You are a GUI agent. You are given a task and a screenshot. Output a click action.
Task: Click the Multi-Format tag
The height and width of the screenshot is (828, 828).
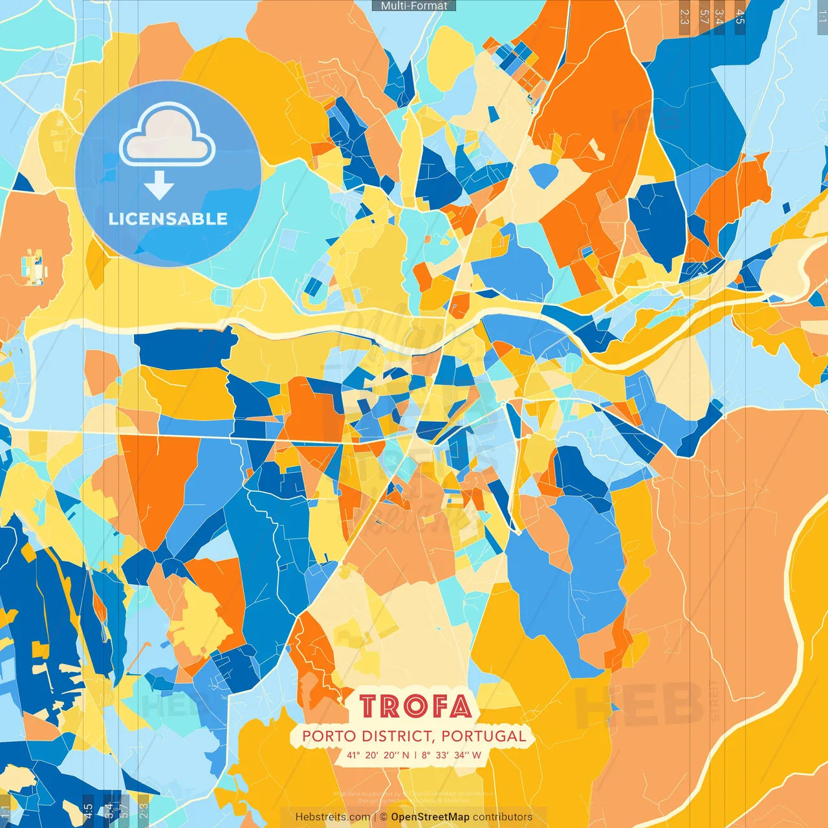(414, 6)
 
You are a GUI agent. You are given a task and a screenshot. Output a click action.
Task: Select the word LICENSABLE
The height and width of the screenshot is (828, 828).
(168, 219)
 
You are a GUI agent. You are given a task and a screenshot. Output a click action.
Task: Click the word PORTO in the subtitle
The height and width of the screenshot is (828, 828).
(329, 736)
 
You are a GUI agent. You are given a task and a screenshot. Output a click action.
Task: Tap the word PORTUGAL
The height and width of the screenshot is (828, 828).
(485, 736)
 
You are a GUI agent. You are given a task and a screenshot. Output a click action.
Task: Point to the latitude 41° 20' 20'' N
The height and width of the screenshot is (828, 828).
(378, 755)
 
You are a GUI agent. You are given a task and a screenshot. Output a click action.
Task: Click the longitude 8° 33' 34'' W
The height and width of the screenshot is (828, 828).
(452, 755)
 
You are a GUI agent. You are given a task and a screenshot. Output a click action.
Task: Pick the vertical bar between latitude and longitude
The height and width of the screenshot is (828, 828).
(415, 755)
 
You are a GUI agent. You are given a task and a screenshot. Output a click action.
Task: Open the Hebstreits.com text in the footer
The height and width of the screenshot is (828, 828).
(332, 817)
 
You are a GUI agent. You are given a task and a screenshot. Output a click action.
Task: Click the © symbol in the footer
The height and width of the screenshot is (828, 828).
(384, 817)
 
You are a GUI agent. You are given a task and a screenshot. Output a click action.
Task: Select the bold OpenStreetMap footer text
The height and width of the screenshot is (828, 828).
(430, 817)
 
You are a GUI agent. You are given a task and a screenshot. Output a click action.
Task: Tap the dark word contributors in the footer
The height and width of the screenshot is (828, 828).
(503, 817)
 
